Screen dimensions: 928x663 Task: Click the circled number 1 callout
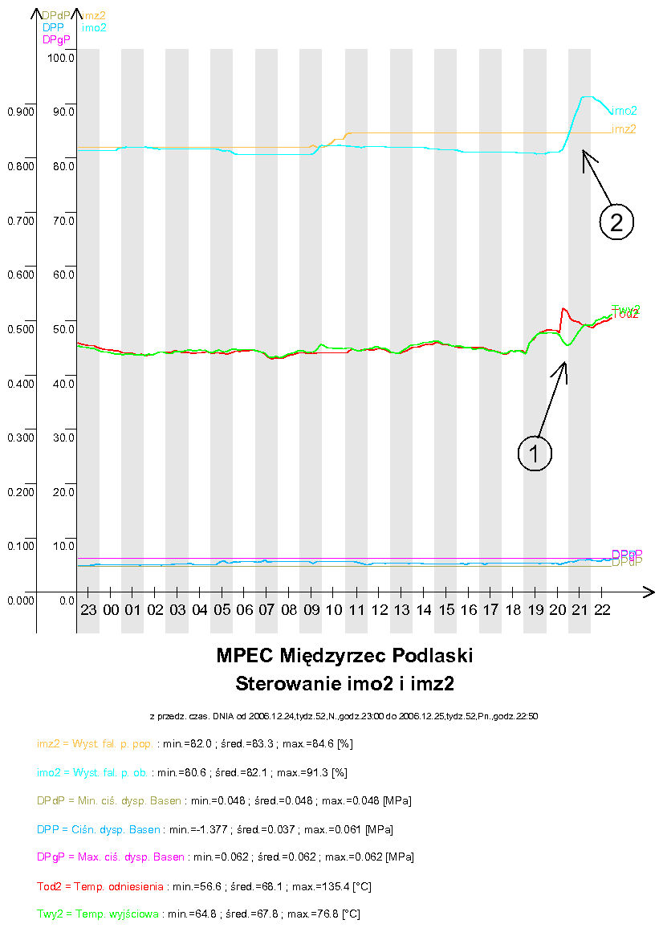pos(535,453)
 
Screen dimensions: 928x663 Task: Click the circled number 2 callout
pos(616,222)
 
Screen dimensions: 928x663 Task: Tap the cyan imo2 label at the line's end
pos(624,111)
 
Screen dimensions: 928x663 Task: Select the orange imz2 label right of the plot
pos(624,128)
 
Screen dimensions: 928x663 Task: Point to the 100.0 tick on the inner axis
pos(61,58)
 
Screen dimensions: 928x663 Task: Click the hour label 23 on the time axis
pos(88,610)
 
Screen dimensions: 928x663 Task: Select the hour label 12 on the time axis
pos(379,610)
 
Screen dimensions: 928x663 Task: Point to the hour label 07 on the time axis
pos(266,610)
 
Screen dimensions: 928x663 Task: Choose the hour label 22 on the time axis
pos(602,610)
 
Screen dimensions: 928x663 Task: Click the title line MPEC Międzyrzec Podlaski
pos(344,656)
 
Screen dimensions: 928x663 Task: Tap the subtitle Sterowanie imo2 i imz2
pos(344,684)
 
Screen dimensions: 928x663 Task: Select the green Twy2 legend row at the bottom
pos(198,914)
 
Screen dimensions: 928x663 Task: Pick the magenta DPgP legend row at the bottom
pos(226,857)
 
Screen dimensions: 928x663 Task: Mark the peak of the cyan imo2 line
pos(587,96)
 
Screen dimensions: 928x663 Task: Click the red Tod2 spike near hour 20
pos(563,308)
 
